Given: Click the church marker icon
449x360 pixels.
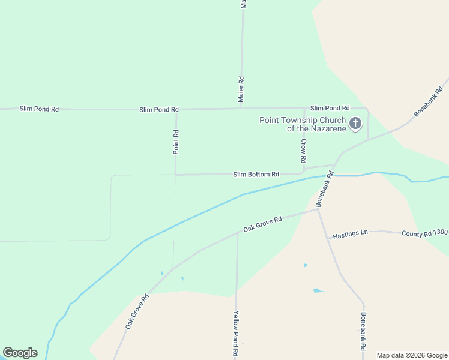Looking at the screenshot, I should click(x=355, y=124).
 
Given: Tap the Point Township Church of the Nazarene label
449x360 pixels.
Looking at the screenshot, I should click(x=303, y=124).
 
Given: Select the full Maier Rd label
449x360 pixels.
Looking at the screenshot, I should click(x=241, y=88).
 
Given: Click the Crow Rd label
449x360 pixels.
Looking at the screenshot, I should click(x=304, y=151).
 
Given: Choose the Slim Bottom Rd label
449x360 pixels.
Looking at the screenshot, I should click(x=256, y=175).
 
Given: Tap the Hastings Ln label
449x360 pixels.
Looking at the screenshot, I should click(x=350, y=233).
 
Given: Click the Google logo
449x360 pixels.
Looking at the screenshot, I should click(x=20, y=353).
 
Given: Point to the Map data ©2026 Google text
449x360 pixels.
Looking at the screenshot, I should click(x=412, y=355).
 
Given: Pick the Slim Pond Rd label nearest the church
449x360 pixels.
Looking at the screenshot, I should click(x=330, y=108).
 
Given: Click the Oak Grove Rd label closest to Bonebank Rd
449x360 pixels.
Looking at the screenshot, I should click(x=262, y=224).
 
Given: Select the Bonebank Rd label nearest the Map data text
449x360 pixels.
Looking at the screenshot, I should click(x=363, y=331).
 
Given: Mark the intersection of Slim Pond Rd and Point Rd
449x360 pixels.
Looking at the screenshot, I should click(x=176, y=109).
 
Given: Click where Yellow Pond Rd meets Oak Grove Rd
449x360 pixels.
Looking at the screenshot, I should click(x=237, y=233).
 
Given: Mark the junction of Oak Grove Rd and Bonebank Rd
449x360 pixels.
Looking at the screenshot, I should click(x=318, y=209).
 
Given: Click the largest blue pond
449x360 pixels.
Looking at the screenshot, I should click(x=316, y=291).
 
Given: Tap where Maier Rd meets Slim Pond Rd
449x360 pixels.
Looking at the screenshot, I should click(x=241, y=109).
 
